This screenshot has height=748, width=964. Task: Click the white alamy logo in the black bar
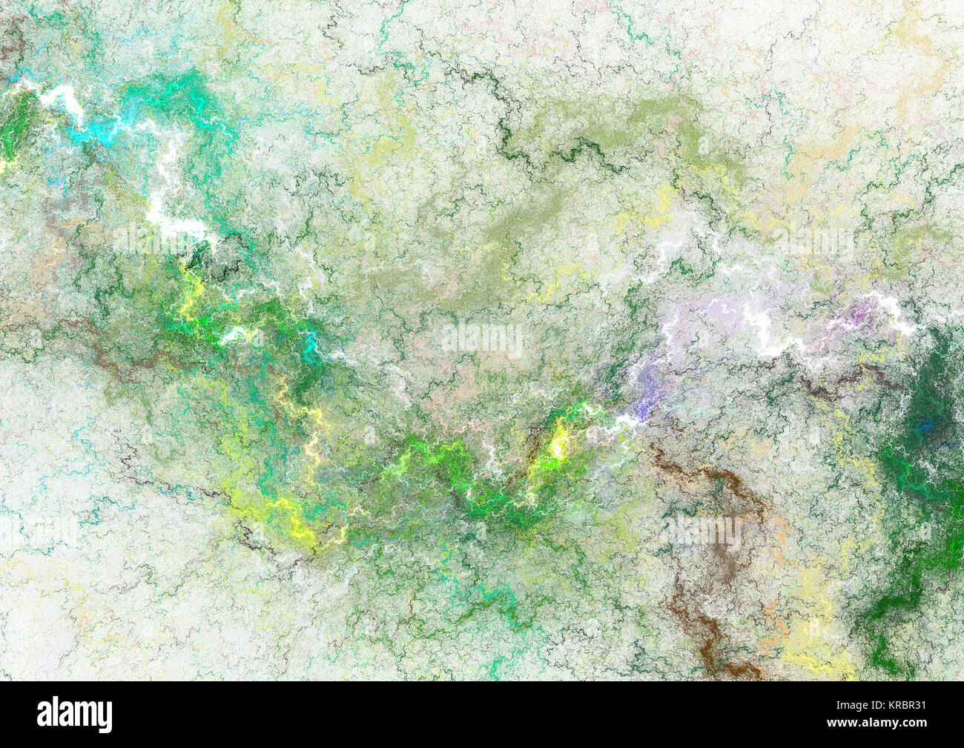(x=75, y=715)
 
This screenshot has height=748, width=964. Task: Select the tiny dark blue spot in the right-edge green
(x=922, y=426)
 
